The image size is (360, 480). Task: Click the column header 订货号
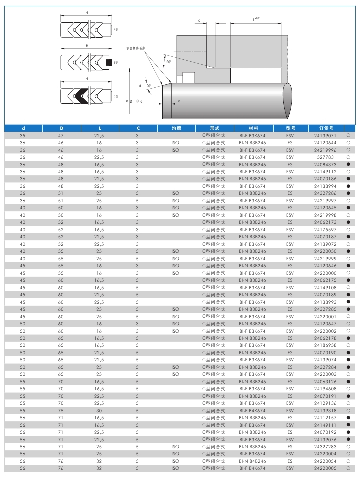coord(325,128)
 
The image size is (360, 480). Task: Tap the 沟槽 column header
coord(175,128)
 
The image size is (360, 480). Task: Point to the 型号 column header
coord(290,128)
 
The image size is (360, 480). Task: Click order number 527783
coord(325,157)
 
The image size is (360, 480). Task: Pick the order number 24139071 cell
coord(325,136)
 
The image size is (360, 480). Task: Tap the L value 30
coord(98,410)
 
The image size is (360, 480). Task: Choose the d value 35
coord(22,136)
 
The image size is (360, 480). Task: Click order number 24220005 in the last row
coord(325,469)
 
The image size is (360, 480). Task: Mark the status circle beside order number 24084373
coord(347,165)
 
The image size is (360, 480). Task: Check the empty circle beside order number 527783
coord(347,157)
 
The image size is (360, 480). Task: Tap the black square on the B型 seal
coord(109,63)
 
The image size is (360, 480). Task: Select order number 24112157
coord(325,418)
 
